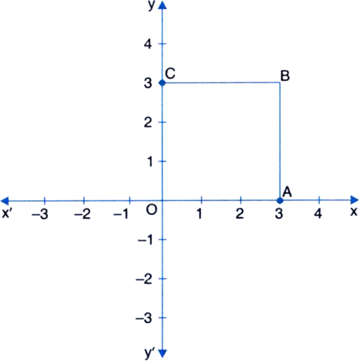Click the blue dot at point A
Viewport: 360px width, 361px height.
280,200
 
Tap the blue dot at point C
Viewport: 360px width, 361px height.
162,83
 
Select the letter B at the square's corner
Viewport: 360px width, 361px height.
285,76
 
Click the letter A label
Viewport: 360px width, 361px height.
287,192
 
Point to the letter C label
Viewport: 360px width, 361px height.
170,74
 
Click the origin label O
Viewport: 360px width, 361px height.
152,210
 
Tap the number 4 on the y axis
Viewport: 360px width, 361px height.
148,44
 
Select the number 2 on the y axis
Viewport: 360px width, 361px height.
148,122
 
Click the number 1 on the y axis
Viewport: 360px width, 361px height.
150,161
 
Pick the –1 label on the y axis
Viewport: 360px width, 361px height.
145,240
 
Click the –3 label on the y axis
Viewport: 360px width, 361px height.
144,319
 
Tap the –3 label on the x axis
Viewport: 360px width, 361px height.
40,214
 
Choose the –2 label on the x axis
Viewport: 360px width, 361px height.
82,214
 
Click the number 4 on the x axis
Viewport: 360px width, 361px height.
318,214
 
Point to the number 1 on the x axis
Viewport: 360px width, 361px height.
199,214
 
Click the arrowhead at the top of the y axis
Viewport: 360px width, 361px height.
162,5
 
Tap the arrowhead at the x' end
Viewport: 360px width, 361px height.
5,201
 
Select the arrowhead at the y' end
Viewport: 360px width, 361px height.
162,354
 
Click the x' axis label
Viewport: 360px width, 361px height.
6,214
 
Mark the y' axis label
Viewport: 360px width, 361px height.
150,353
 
